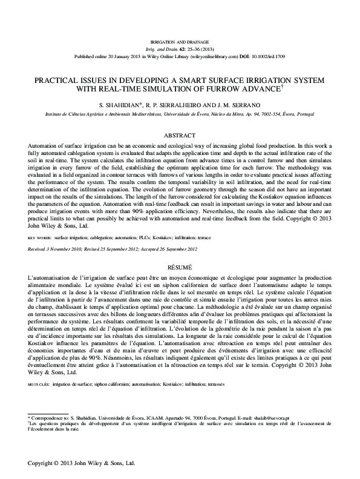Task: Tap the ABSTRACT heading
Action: (x=180, y=135)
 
